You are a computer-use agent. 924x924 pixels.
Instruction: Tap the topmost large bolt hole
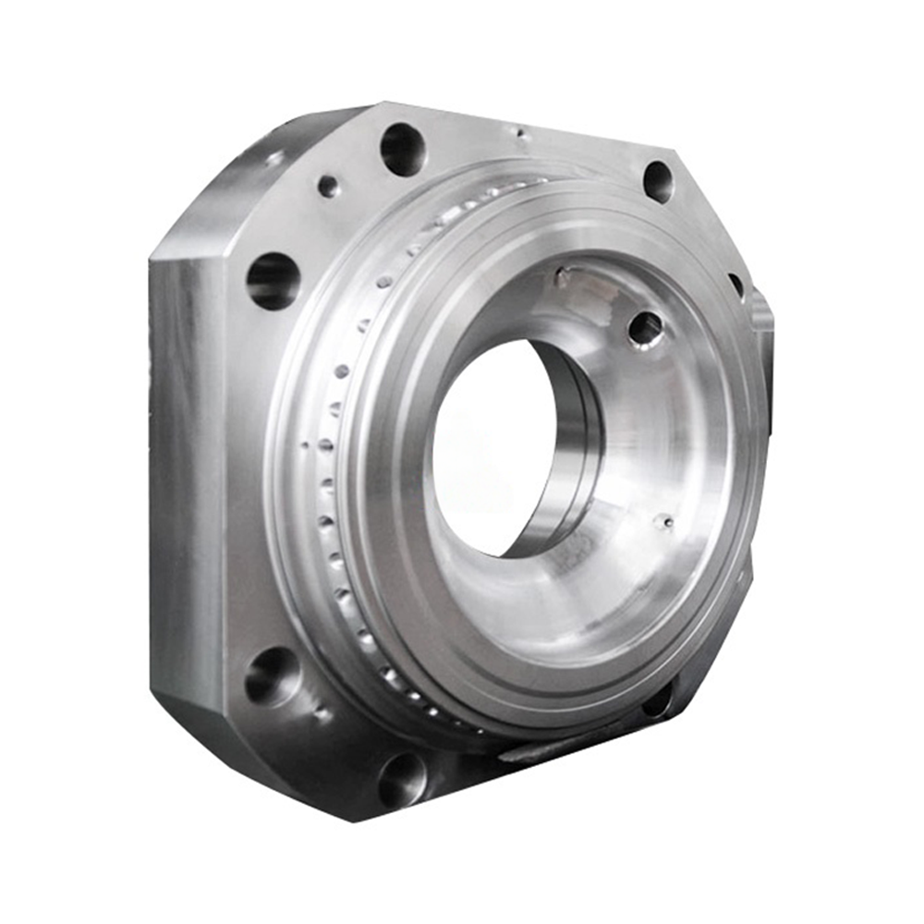click(403, 150)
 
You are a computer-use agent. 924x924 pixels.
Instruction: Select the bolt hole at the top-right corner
click(658, 181)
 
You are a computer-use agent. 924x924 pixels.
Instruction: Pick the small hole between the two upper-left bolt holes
click(328, 187)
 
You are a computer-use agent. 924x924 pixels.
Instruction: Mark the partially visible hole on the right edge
click(736, 284)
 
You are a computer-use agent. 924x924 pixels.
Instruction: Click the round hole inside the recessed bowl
click(645, 329)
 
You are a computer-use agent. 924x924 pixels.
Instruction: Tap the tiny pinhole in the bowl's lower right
click(663, 523)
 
